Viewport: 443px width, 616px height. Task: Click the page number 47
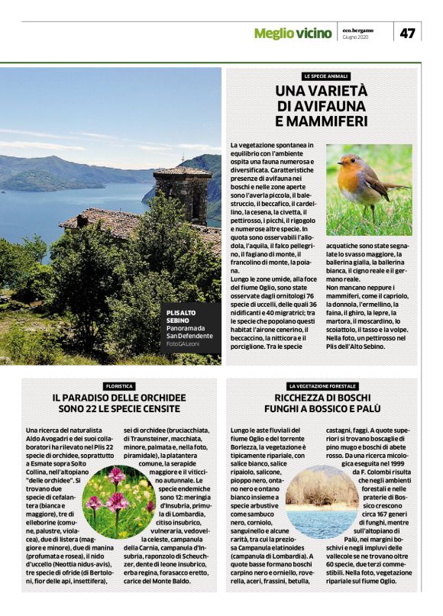pos(407,33)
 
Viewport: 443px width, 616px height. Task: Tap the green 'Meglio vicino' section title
pos(294,33)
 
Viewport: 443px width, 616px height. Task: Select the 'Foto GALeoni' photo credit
pos(183,345)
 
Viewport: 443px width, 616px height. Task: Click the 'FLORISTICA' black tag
pos(118,386)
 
